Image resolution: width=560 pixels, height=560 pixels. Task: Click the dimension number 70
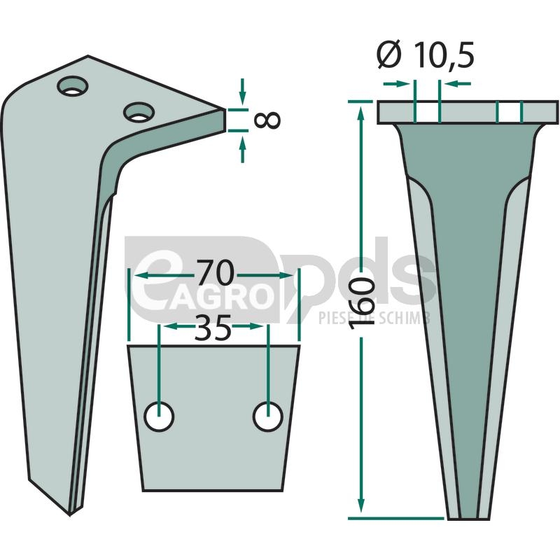pyautogui.click(x=216, y=273)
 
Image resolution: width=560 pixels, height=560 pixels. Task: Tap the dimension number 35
pyautogui.click(x=213, y=328)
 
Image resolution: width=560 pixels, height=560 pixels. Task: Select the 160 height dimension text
pyautogui.click(x=362, y=302)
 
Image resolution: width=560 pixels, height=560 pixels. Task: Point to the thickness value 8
pyautogui.click(x=267, y=120)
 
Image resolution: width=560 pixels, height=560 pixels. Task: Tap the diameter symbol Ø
pyautogui.click(x=389, y=56)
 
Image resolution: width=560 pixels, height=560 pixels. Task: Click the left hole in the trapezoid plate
pyautogui.click(x=159, y=416)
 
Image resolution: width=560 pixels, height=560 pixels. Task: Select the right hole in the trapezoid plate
pyautogui.click(x=268, y=416)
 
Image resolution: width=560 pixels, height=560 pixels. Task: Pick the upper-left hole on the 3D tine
pyautogui.click(x=73, y=85)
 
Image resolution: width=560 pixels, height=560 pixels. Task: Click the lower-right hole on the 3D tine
pyautogui.click(x=139, y=112)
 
